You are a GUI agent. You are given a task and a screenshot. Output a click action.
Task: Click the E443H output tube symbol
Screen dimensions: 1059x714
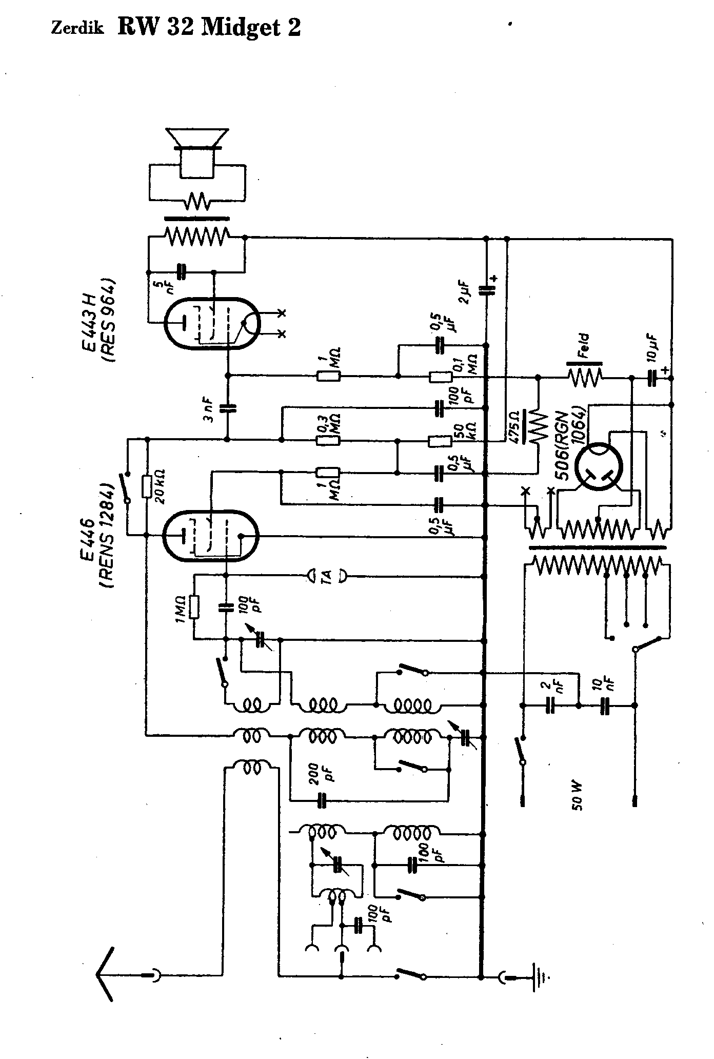(x=212, y=323)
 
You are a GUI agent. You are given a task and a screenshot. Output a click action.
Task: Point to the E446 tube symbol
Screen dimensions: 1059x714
(x=210, y=535)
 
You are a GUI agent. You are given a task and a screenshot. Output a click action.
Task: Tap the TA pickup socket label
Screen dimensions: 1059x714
(x=326, y=577)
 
